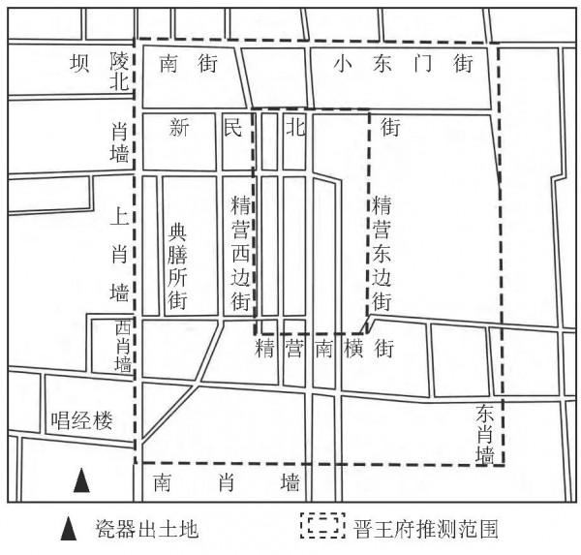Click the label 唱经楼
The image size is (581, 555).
82,420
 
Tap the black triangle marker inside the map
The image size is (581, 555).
82,479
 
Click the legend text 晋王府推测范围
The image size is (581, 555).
425,530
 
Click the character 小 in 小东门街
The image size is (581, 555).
340,64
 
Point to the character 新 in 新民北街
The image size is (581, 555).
177,127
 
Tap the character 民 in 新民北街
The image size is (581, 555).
232,127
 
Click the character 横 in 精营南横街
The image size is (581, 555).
354,347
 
